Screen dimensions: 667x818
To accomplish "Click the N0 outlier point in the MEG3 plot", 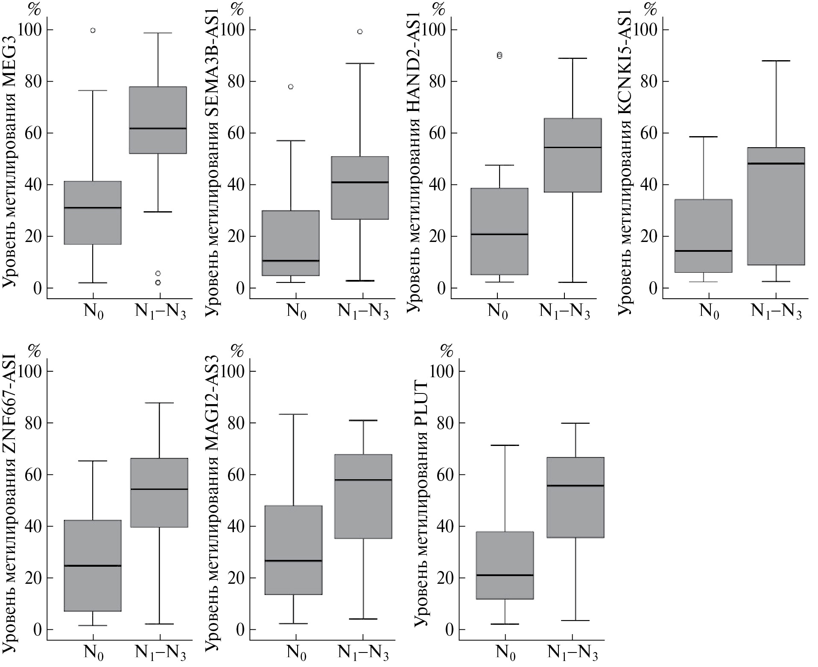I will click(x=93, y=30).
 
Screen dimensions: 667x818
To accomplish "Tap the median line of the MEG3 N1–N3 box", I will click(x=158, y=128).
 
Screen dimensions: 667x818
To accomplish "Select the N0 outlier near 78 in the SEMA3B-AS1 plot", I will click(x=291, y=87).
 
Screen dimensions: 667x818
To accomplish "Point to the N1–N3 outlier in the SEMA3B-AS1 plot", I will click(x=360, y=32).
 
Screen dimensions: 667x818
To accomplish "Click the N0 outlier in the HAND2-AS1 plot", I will click(x=500, y=55).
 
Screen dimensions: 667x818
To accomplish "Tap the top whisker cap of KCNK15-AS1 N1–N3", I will click(x=776, y=61).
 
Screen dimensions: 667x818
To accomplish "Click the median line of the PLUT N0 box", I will click(x=505, y=575).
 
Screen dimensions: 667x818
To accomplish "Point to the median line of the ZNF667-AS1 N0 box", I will click(x=93, y=566).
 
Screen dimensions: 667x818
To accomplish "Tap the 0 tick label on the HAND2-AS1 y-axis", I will click(x=439, y=288).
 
